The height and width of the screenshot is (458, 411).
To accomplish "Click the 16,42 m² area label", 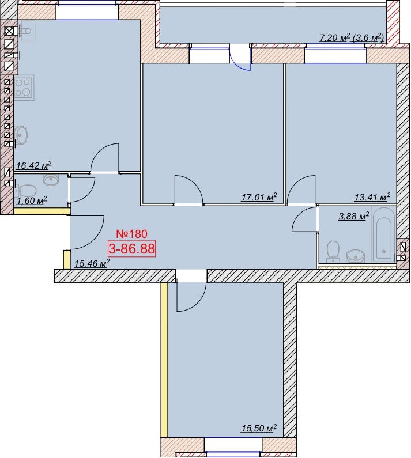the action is (34, 165).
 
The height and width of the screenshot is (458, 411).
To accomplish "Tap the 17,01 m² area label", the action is (259, 198).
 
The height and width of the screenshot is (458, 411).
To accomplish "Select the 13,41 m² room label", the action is (372, 197).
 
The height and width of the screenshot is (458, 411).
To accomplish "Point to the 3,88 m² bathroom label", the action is (354, 216).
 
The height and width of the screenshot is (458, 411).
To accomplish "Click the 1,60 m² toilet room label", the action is (32, 201).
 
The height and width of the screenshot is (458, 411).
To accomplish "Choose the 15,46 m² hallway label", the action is (92, 264).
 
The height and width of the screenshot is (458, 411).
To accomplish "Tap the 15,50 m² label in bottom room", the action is (259, 429).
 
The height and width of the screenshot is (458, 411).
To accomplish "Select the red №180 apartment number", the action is (131, 234).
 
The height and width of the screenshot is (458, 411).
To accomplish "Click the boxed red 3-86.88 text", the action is (131, 249).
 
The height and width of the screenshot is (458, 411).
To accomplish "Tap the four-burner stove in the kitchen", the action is (24, 88).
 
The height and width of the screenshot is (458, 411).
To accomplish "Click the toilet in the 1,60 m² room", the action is (25, 191).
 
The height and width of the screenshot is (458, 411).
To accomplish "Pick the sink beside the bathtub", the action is (356, 256).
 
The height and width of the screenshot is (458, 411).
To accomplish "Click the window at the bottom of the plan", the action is (233, 451).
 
